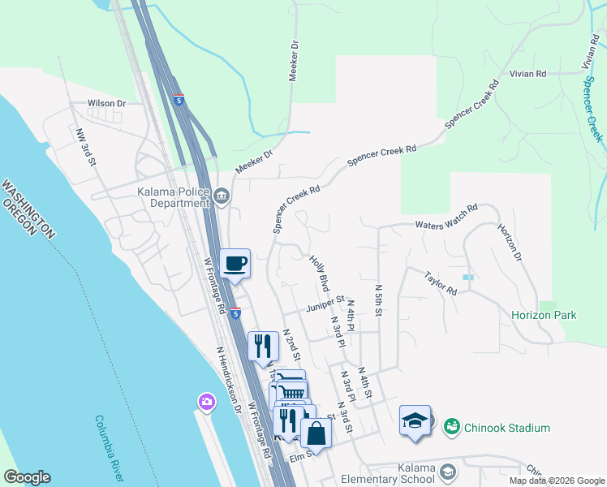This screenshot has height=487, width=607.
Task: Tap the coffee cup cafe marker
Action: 235,264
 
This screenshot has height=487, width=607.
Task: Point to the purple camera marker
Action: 207,402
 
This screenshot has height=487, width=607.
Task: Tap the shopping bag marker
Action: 316,433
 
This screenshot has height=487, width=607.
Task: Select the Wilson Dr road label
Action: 108,104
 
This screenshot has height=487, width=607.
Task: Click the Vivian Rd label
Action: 527,73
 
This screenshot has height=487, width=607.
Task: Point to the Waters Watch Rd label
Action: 446,224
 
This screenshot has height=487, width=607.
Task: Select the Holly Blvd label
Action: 319,273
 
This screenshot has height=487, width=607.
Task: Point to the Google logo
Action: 27,477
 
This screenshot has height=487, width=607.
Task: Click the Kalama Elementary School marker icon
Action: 448,472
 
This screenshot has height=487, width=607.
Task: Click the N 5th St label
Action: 378,300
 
